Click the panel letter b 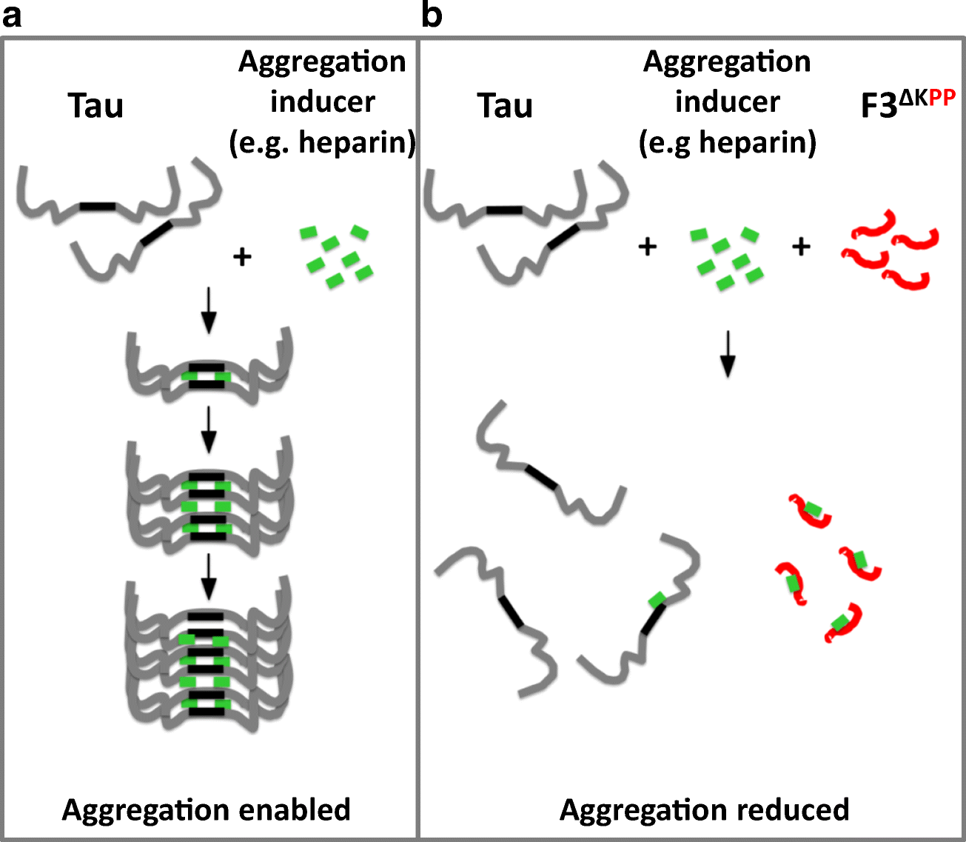tap(431, 16)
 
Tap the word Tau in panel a tap(95, 106)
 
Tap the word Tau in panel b tap(505, 106)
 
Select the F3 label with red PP tap(907, 104)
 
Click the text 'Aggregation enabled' tap(206, 809)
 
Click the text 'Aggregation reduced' tap(704, 809)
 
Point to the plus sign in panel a tap(242, 257)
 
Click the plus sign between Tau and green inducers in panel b tap(648, 247)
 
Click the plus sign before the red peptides tap(801, 247)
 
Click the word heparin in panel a tap(357, 142)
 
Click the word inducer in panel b tap(727, 101)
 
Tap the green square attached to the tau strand tap(656, 599)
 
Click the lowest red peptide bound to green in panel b tap(845, 623)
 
